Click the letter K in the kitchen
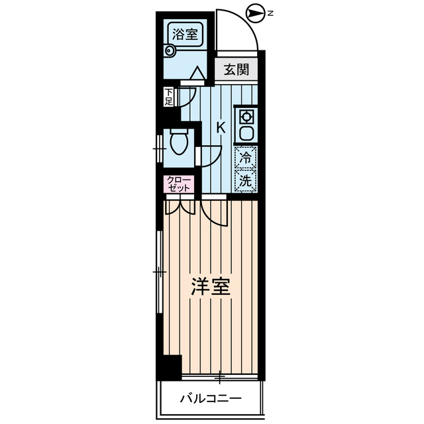(x=221, y=128)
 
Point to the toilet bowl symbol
(x=179, y=142)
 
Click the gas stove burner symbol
(x=246, y=117)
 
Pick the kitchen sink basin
(x=246, y=132)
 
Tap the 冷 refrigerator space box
(x=246, y=158)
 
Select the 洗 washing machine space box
(x=246, y=180)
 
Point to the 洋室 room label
(x=211, y=286)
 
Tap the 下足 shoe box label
(x=169, y=97)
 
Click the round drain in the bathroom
(x=168, y=48)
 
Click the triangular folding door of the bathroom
(x=197, y=74)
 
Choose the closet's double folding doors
(x=179, y=207)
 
